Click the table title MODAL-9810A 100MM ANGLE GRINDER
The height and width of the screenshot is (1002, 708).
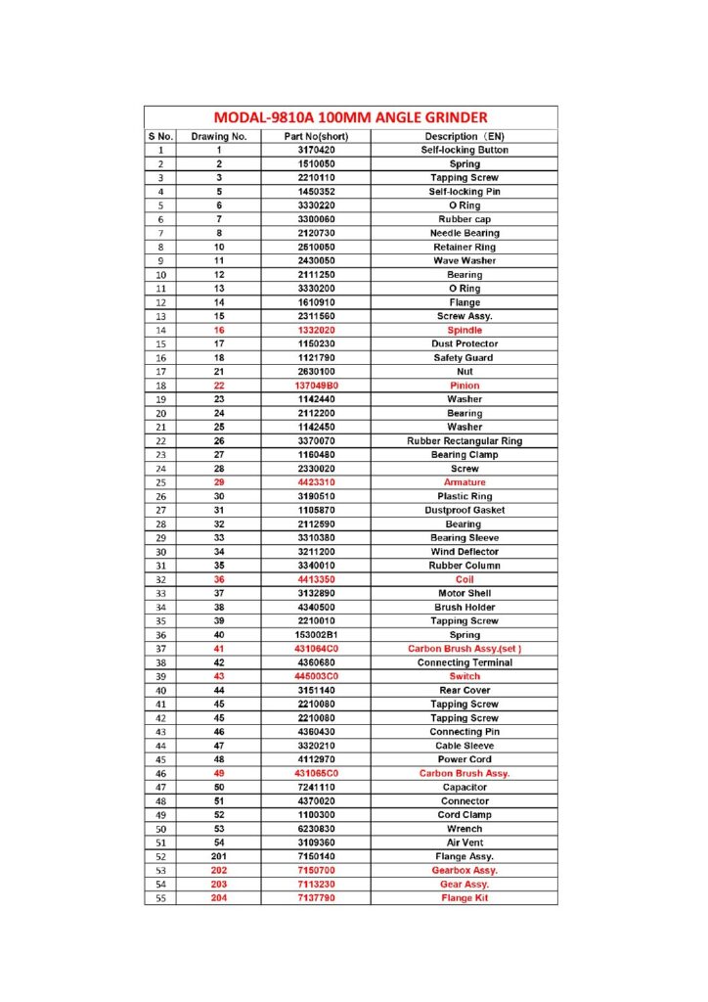(x=350, y=117)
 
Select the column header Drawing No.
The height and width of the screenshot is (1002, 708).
(x=219, y=136)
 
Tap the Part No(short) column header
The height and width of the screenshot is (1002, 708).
(x=316, y=136)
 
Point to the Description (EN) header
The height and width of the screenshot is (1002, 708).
(x=465, y=136)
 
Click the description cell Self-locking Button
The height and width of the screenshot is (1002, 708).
(x=465, y=150)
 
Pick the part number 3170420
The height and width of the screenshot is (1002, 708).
(x=316, y=150)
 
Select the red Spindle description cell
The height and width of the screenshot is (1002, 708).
(x=465, y=331)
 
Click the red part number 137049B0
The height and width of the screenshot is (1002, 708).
(x=316, y=386)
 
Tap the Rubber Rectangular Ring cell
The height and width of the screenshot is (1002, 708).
(x=465, y=441)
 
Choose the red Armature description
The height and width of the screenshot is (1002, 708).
(x=465, y=482)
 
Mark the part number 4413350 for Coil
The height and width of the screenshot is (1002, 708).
(x=316, y=579)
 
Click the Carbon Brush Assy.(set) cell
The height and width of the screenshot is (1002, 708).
(x=465, y=649)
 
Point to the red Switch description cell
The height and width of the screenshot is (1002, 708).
(x=465, y=676)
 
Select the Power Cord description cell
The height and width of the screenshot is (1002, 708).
(x=465, y=759)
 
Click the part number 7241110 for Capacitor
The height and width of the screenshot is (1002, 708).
(x=316, y=787)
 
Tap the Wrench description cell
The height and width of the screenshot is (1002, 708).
(x=465, y=829)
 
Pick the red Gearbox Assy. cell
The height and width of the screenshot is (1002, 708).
(x=465, y=870)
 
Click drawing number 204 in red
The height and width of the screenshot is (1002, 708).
(x=219, y=897)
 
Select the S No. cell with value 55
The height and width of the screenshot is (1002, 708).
(x=160, y=897)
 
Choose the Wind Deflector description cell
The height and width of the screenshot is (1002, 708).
(x=465, y=552)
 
